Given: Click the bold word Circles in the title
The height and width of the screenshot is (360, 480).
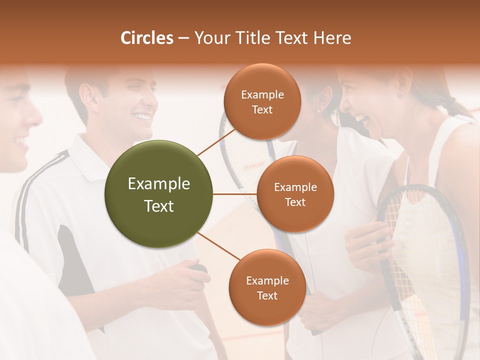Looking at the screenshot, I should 146,38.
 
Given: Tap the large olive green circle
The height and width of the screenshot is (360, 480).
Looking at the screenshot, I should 159,194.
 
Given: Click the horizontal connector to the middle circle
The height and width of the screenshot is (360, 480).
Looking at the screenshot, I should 235,194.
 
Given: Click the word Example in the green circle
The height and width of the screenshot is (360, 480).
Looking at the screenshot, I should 159,184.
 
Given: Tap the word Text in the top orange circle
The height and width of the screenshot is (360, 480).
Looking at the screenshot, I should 262,110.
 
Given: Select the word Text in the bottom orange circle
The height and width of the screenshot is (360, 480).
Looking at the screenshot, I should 267,295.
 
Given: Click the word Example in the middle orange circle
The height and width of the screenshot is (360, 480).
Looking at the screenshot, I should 295,187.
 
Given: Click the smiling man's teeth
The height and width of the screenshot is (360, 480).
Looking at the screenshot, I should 142,117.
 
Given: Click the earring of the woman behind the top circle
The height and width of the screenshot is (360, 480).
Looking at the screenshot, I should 319,110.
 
